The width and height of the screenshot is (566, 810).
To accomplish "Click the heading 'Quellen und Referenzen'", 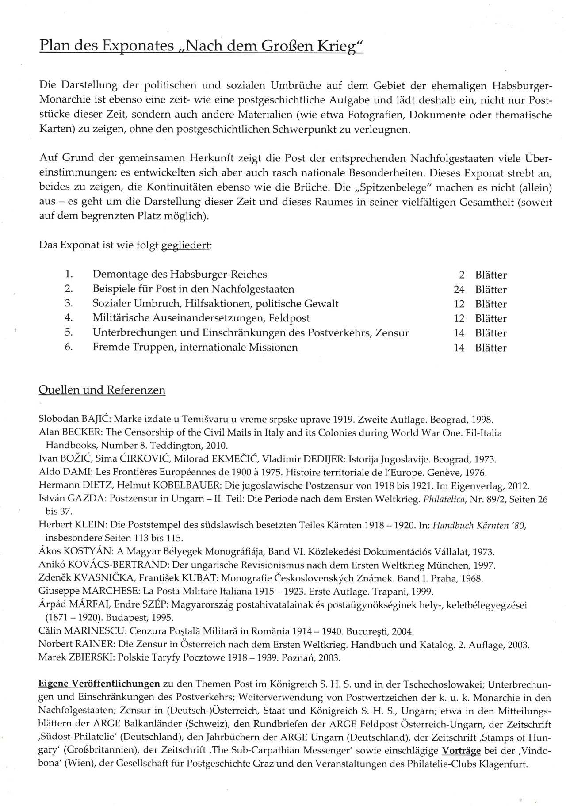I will (x=102, y=390).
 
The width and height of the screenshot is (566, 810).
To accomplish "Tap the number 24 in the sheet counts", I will (x=459, y=290).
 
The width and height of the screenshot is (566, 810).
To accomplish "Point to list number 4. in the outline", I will (x=69, y=318).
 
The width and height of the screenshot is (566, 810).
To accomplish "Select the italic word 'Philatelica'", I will (x=447, y=500).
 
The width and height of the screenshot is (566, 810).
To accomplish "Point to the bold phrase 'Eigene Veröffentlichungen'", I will (x=99, y=684).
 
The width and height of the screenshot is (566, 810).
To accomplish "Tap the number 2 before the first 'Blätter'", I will (x=462, y=275).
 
